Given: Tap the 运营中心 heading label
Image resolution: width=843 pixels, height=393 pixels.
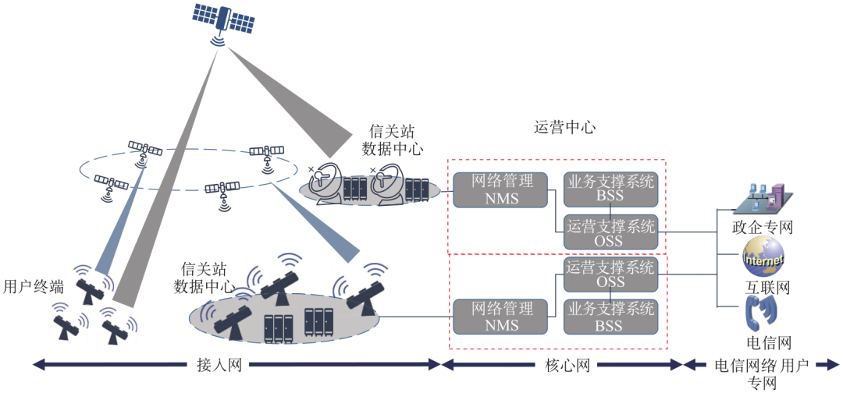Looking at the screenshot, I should [564, 126].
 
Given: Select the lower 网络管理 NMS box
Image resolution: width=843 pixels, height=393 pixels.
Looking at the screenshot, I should [502, 317].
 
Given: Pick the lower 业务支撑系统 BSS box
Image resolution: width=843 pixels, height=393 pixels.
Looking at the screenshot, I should [610, 317].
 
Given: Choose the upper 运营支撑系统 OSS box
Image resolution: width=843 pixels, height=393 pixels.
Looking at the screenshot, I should [610, 233].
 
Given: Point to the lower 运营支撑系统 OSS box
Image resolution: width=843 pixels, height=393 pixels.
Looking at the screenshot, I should [610, 273].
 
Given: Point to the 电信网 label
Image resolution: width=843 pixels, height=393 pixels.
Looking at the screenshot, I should [770, 342].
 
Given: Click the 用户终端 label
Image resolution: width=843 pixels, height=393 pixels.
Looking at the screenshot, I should [33, 286].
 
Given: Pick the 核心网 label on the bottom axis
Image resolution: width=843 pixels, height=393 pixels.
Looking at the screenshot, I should [562, 364].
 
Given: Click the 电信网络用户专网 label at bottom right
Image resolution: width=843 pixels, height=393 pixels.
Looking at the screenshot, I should [762, 373].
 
